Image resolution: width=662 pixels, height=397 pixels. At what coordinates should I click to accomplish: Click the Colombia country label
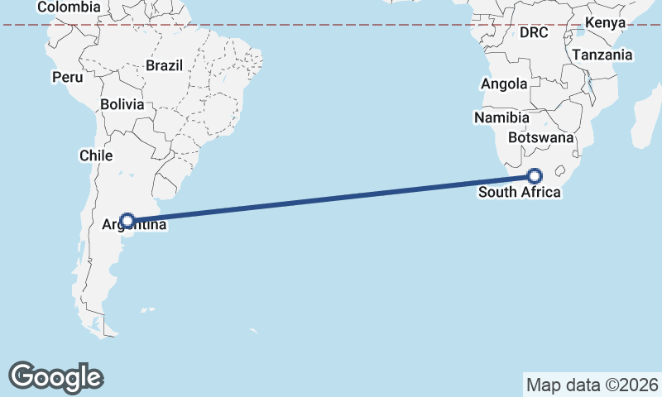click(x=69, y=7)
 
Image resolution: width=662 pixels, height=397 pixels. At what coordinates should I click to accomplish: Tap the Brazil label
click(x=163, y=65)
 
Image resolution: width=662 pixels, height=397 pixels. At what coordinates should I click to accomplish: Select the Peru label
click(x=67, y=77)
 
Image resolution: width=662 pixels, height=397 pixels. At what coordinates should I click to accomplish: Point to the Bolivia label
click(x=122, y=105)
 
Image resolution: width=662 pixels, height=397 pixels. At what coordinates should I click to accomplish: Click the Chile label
click(x=95, y=155)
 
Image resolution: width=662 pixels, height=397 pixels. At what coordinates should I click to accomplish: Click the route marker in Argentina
click(x=127, y=221)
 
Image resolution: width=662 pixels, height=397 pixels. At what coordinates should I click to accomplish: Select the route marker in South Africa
click(x=535, y=176)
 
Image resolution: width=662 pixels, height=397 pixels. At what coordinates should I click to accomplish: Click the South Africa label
click(x=520, y=193)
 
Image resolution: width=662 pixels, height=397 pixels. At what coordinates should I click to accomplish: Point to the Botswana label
click(x=541, y=137)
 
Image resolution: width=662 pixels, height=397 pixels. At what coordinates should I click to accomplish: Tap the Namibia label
click(x=501, y=118)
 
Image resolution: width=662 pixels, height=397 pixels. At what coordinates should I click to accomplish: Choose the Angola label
click(x=504, y=84)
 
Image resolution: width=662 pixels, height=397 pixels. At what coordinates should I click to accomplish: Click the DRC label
click(x=534, y=33)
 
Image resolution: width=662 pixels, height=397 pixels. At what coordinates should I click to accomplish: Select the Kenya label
click(x=605, y=22)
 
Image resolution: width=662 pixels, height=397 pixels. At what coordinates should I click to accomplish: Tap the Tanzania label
click(x=602, y=55)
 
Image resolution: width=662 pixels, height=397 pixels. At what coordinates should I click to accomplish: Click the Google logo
click(x=56, y=377)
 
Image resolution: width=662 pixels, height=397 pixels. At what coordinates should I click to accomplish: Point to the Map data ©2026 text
click(x=592, y=385)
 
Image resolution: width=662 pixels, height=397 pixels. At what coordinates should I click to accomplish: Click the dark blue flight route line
click(x=331, y=198)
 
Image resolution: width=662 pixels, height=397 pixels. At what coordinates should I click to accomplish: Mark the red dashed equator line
click(x=331, y=25)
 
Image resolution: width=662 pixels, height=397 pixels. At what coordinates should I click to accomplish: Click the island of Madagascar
click(x=646, y=120)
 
